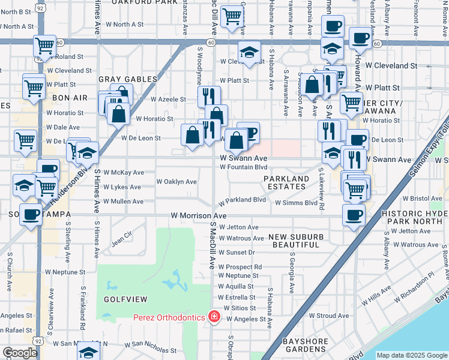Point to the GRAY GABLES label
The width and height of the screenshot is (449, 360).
pos(128,79)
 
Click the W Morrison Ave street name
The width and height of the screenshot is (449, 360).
pos(199,215)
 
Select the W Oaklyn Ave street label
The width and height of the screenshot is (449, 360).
pos(176,181)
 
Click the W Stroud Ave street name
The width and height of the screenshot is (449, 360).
pos(329,315)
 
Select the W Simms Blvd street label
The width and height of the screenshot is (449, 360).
pos(296,203)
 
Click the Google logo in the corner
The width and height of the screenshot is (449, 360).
pos(20,353)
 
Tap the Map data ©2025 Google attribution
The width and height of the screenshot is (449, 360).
pos(411,355)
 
